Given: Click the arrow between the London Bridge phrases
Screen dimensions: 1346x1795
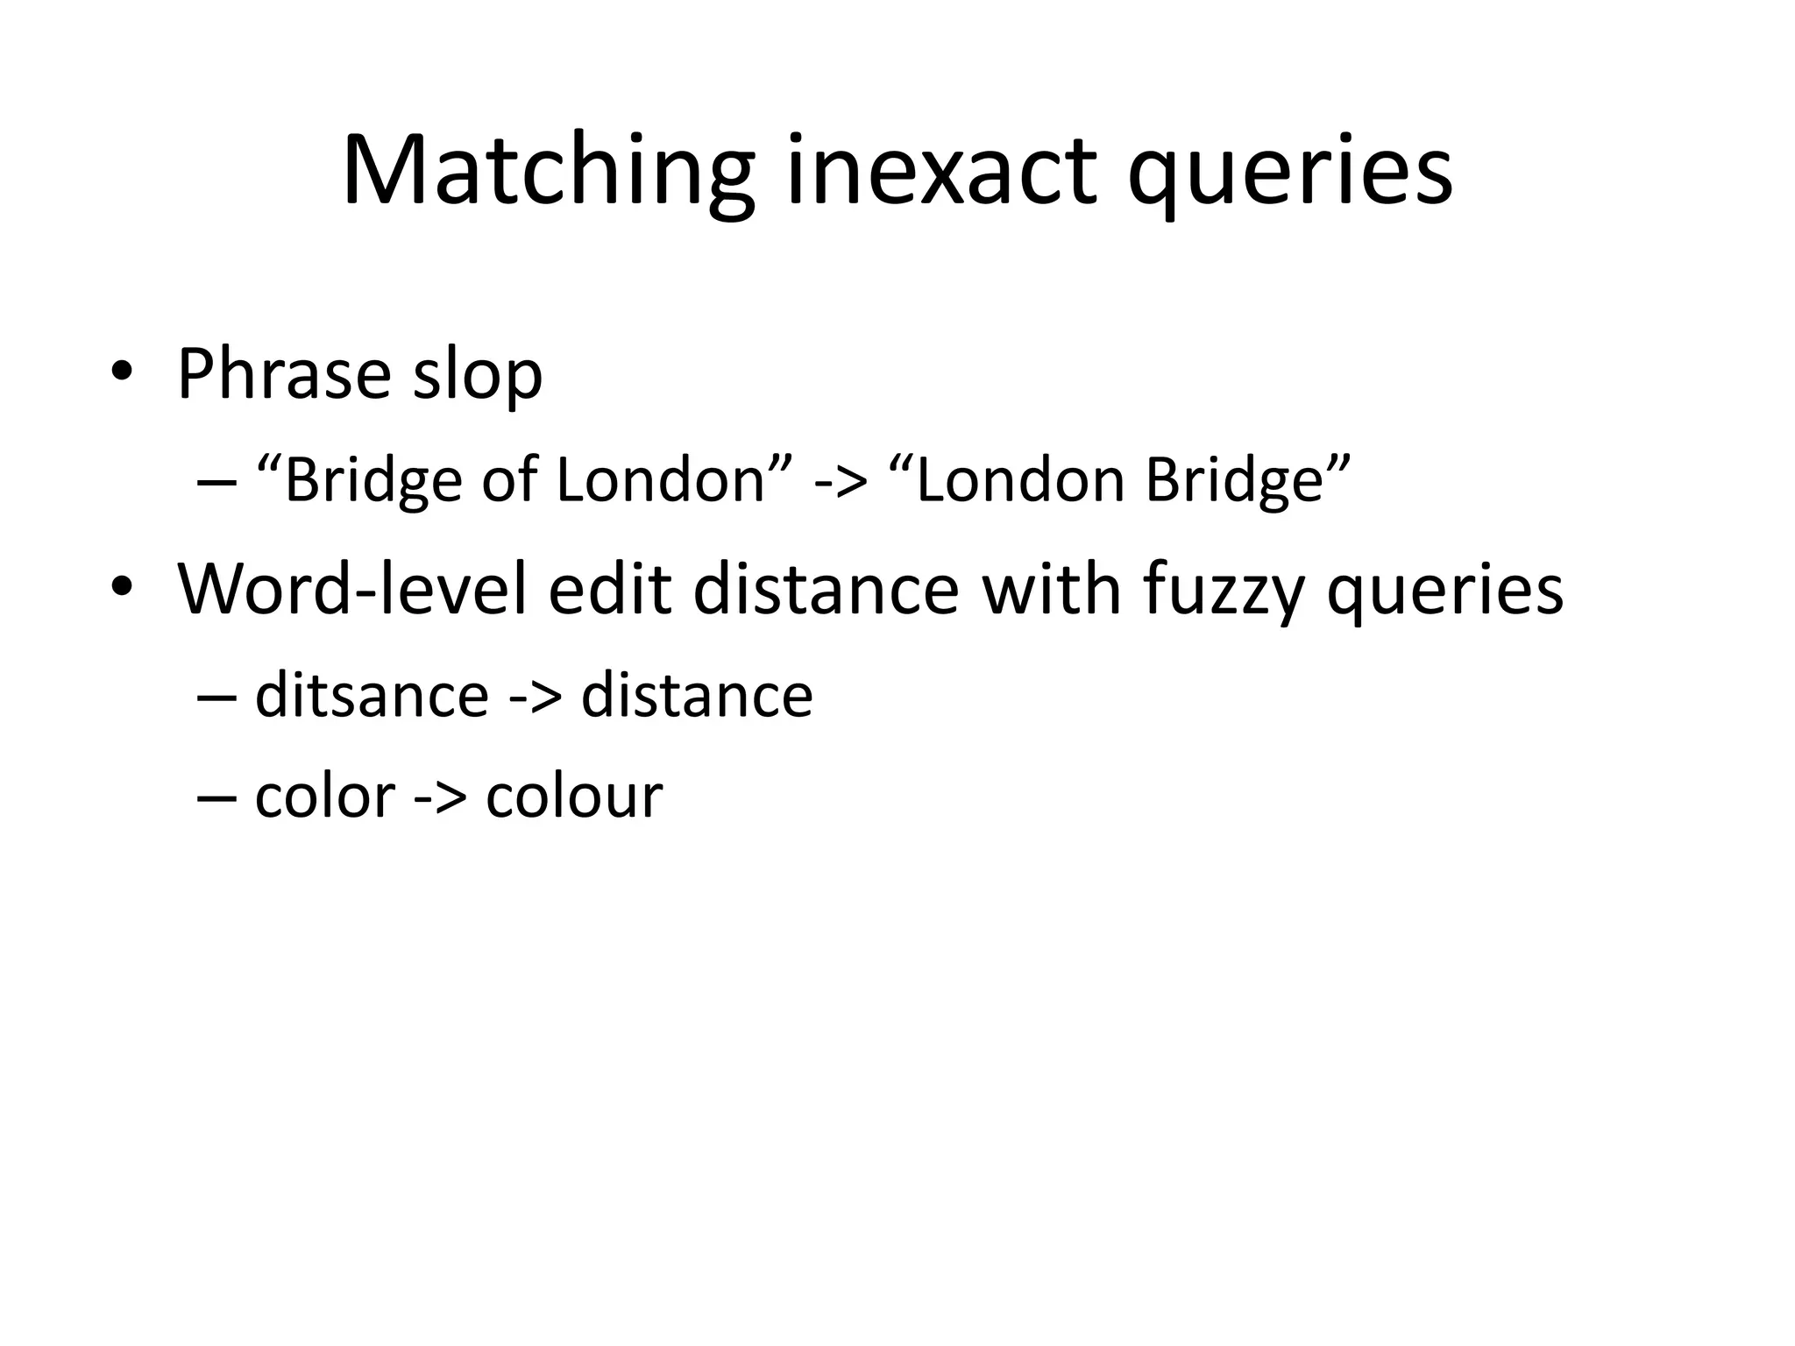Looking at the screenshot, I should [840, 482].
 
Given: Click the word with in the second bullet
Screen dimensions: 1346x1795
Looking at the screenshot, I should [1052, 589].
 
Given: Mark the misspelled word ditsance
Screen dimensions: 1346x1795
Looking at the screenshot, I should [372, 696].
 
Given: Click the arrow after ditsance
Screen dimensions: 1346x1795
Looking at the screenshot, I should [534, 698].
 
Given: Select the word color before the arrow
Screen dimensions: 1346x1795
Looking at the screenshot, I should [324, 797].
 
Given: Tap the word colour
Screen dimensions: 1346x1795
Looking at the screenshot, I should [574, 797].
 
